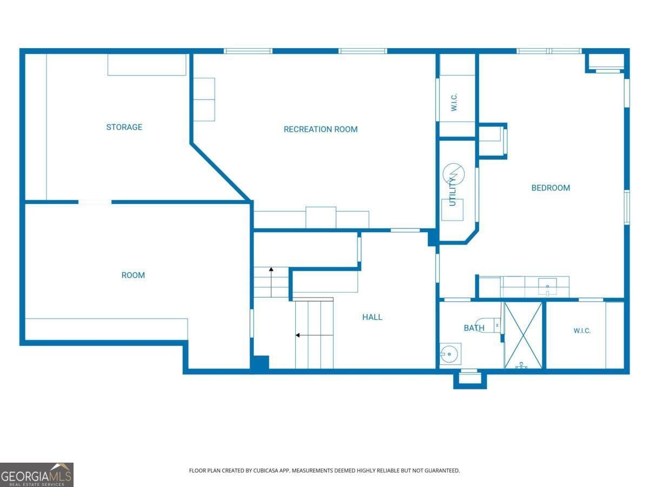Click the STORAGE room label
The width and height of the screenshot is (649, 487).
tap(124, 127)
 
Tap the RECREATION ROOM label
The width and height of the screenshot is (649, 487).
tap(321, 129)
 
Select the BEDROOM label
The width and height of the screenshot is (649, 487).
tap(551, 188)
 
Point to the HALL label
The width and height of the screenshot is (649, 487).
tap(372, 317)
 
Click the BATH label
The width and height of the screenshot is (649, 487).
tap(474, 328)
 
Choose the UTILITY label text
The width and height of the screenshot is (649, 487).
tap(452, 192)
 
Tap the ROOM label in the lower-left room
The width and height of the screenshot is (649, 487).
tap(133, 275)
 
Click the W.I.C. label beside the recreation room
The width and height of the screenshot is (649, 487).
tap(454, 102)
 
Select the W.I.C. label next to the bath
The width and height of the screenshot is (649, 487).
tap(582, 331)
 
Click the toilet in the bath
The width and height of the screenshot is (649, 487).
tap(488, 325)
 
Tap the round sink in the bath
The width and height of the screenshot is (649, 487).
tap(449, 354)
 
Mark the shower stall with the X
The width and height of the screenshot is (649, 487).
tap(524, 335)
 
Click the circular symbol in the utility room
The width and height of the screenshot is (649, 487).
tap(453, 174)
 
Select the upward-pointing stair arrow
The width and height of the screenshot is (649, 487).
tap(271, 282)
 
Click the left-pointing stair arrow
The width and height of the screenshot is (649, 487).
tap(314, 335)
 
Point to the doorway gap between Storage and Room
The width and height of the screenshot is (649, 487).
tap(95, 202)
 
